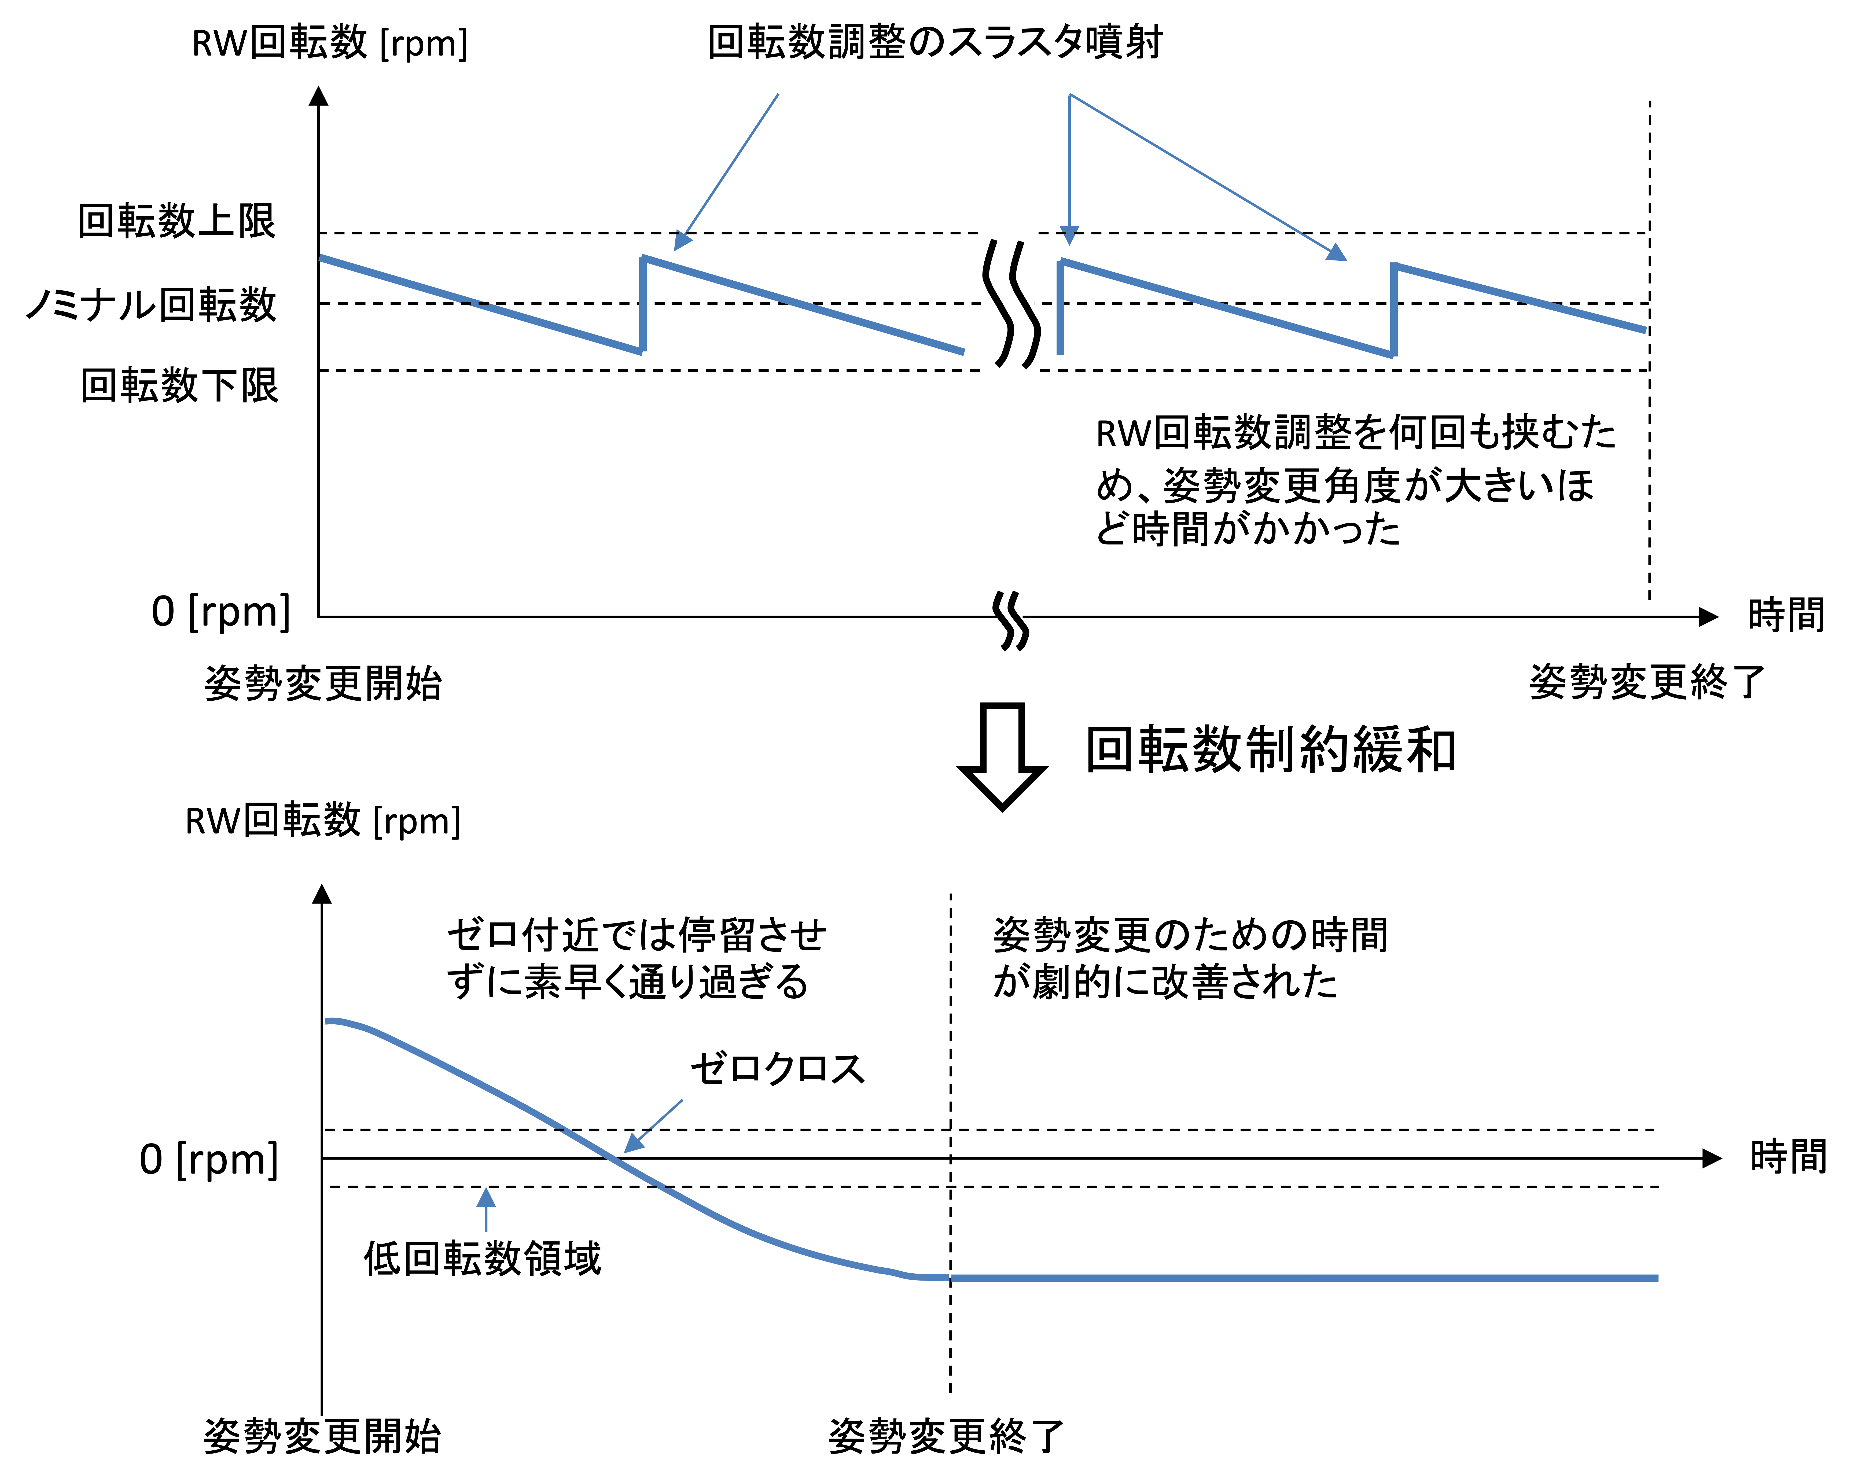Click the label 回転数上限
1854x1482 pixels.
click(x=177, y=221)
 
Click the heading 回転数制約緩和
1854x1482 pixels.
click(x=1271, y=750)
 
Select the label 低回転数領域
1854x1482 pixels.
click(x=483, y=1258)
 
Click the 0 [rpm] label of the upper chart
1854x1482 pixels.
click(x=221, y=612)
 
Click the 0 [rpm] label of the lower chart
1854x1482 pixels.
click(x=209, y=1160)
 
